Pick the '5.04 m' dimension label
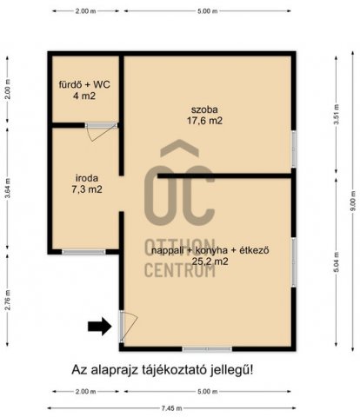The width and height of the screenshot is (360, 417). point(336,263)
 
